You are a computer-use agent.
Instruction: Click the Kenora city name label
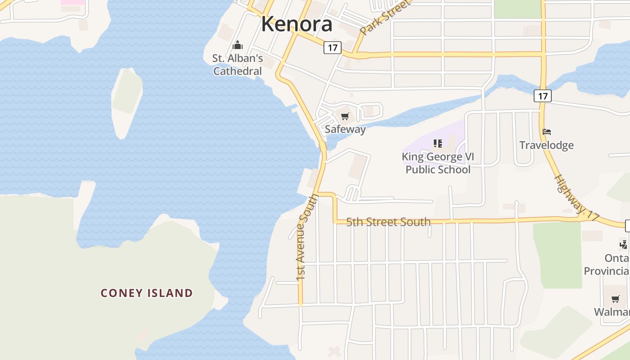tap(297, 24)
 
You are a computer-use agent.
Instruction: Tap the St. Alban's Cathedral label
tap(238, 65)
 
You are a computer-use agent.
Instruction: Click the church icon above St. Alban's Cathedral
tap(238, 45)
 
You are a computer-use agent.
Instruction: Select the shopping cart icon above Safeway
tap(345, 117)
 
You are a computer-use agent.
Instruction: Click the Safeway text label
tap(345, 129)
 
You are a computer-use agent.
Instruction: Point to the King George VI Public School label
tap(438, 163)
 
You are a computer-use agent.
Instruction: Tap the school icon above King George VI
tap(438, 144)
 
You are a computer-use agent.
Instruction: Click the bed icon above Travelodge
tap(547, 132)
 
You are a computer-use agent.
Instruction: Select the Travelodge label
tap(547, 145)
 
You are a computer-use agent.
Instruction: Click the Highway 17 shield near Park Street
tap(333, 47)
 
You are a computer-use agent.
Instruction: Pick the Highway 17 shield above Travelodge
tap(543, 95)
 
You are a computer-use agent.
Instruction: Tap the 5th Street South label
tap(388, 222)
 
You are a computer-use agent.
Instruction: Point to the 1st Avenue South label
tap(307, 238)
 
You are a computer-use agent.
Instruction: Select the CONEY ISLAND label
tap(147, 293)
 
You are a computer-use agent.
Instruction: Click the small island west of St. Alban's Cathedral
tap(127, 101)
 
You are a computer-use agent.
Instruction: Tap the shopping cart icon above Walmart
tap(615, 299)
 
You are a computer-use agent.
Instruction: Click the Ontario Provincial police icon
tap(623, 245)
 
